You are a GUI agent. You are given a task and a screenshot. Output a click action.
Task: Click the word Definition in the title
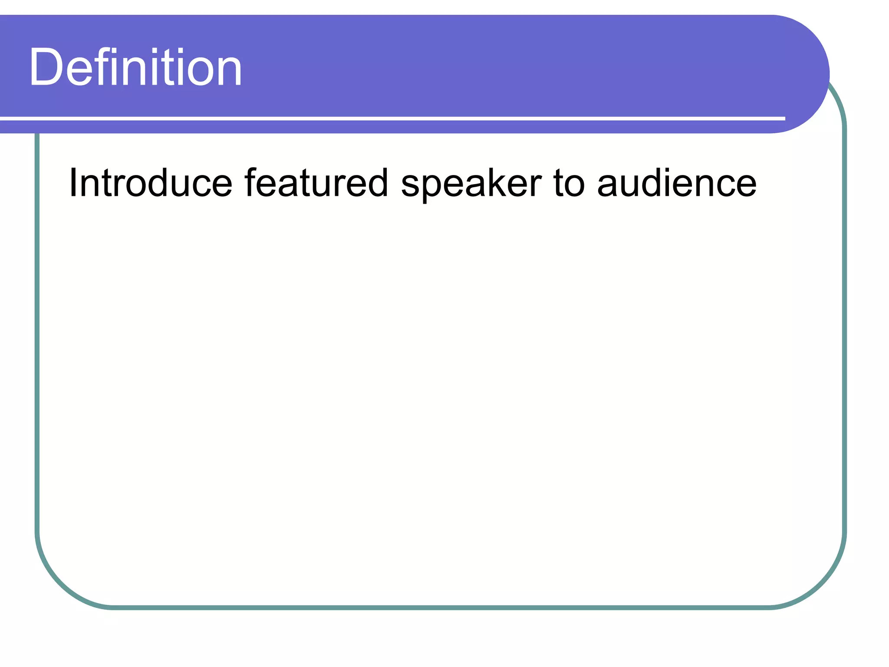(x=135, y=68)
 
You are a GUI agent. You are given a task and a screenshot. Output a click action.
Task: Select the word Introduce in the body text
(x=150, y=183)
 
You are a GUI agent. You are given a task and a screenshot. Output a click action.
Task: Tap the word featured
(x=316, y=183)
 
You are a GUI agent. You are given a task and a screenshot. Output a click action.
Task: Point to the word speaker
(x=471, y=184)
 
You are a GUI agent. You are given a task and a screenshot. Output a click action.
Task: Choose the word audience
(x=677, y=183)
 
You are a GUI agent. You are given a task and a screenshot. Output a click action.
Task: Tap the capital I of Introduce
(x=72, y=182)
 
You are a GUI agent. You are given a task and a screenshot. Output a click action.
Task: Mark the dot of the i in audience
(x=678, y=169)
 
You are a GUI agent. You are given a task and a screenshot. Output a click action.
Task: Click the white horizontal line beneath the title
(x=391, y=118)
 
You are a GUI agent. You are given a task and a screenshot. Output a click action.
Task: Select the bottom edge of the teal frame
(x=434, y=607)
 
